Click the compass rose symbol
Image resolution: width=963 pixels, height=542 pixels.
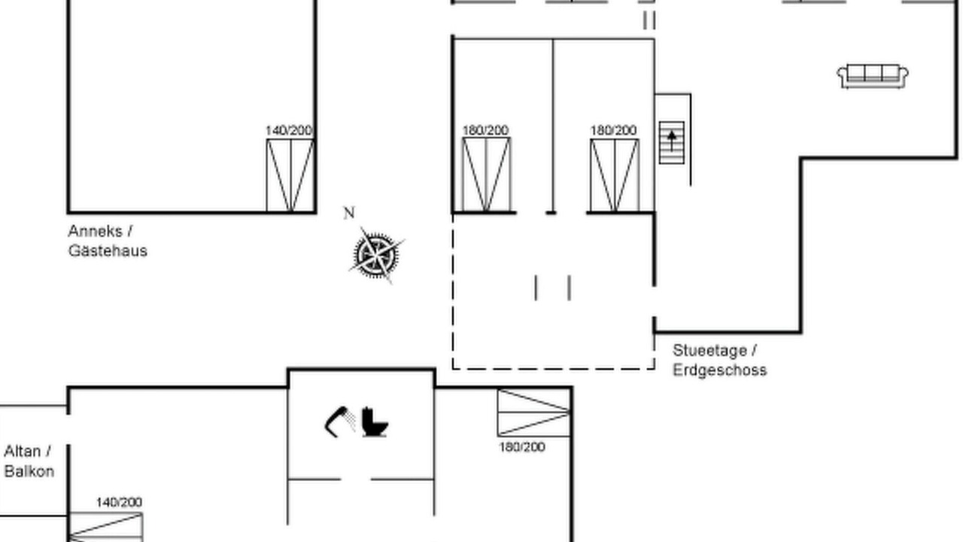376,255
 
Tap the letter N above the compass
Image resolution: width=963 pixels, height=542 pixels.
349,213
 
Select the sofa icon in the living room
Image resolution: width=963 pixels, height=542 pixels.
872,77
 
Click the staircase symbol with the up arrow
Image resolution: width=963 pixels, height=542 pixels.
672,143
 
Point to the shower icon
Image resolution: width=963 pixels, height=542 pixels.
340,421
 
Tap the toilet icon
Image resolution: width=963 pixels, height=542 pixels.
375,422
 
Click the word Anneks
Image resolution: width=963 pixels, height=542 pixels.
96,231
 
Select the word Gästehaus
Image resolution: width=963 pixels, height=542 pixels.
108,251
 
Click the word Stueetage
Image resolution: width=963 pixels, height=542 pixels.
709,351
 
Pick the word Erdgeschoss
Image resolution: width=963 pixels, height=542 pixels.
720,370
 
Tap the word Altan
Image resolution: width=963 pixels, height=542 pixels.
22,451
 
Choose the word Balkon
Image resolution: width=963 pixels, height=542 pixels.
29,471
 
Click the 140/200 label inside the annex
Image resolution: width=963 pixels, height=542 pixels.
289,130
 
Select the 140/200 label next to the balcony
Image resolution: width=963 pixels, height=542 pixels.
119,502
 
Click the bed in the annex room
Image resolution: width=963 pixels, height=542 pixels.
290,175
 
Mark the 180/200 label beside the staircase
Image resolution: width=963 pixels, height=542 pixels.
613,130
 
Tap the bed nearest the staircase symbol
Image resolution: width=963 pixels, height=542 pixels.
615,175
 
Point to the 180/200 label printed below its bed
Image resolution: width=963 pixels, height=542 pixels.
522,447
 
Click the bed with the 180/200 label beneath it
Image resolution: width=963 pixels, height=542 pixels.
534,413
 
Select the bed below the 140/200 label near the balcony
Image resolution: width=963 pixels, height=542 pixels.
106,528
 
